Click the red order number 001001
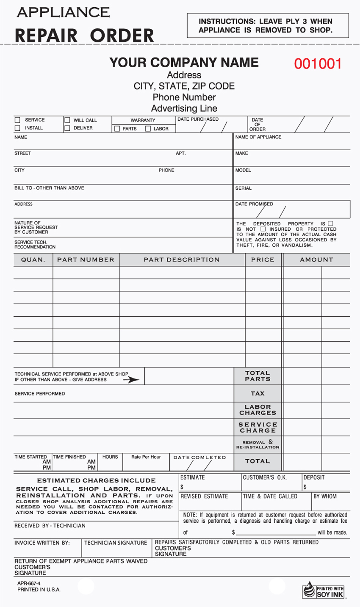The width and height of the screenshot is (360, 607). (318, 64)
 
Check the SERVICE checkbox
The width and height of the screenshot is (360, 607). (17, 120)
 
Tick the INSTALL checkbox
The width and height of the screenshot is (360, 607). (17, 128)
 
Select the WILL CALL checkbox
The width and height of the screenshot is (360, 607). (67, 120)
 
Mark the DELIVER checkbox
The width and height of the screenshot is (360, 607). (67, 128)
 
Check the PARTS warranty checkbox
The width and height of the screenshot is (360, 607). (117, 129)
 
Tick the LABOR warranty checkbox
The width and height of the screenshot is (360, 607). (148, 129)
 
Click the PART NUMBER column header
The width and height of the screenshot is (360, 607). (86, 259)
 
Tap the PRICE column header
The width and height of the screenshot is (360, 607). (263, 259)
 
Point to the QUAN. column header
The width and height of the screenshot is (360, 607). (33, 259)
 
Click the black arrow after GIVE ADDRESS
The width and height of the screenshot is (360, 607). (131, 380)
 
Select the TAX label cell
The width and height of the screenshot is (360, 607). (258, 394)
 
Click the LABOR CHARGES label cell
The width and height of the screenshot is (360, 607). (258, 410)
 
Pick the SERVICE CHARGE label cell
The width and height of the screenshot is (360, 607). (258, 428)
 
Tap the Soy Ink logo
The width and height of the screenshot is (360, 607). (324, 590)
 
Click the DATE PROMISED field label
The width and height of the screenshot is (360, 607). (254, 204)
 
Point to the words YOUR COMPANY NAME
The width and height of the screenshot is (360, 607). (184, 63)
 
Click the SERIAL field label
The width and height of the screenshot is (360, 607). (244, 188)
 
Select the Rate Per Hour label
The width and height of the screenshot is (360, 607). (146, 457)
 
